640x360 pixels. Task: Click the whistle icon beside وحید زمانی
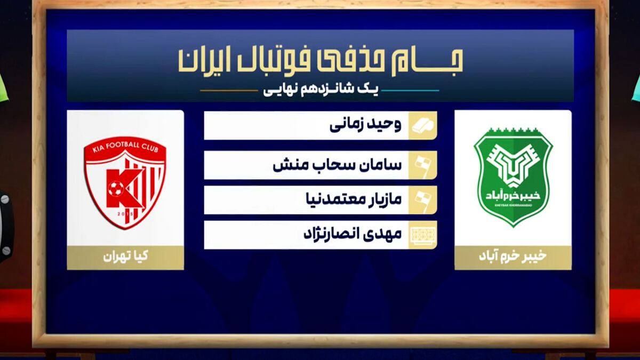[422, 125]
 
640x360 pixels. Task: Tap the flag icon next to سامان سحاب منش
[422, 166]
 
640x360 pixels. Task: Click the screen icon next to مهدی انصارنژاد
[422, 235]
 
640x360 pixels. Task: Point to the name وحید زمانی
[365, 125]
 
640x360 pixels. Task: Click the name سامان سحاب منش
[337, 165]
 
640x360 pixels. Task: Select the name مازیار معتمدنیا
[354, 199]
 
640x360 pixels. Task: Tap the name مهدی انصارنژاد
[353, 234]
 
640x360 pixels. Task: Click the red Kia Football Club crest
[125, 183]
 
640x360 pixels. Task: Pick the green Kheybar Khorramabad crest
[513, 178]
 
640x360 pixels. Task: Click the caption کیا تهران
[125, 256]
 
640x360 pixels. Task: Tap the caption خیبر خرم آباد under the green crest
[513, 256]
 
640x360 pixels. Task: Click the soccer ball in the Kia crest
[116, 189]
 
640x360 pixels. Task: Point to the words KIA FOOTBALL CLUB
[125, 147]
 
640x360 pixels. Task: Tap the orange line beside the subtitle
[229, 91]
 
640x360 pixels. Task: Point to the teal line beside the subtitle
[410, 91]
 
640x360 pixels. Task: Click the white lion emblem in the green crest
[513, 166]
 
